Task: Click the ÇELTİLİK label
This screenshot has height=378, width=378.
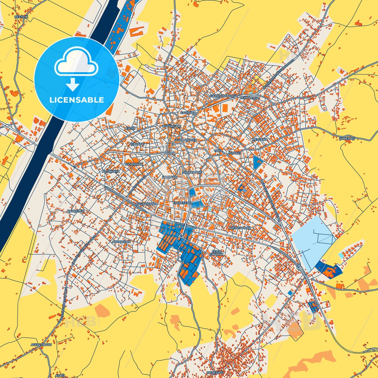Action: (21, 16)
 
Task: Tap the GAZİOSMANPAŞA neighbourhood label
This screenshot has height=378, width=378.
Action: (223, 96)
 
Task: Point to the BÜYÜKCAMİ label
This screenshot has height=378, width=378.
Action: (172, 126)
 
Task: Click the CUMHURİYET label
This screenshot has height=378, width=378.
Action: (186, 140)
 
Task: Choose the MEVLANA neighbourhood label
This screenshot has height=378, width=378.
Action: (259, 139)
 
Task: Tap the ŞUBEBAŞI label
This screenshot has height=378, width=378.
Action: (347, 138)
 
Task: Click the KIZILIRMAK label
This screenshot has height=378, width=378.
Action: (134, 164)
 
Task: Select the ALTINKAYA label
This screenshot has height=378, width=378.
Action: (111, 172)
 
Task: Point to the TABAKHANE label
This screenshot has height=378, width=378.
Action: (192, 172)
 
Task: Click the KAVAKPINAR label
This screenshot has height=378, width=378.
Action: (146, 204)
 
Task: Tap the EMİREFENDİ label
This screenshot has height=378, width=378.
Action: (183, 203)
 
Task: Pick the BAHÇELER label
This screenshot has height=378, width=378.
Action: (76, 211)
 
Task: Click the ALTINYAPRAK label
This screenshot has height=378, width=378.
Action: (240, 228)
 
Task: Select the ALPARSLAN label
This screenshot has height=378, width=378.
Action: (121, 242)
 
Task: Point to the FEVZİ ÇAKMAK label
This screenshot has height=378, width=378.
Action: (217, 253)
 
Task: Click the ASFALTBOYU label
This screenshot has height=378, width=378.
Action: (41, 345)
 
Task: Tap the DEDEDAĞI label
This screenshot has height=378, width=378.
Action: (215, 372)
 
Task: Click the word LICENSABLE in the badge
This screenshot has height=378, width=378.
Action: (76, 100)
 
